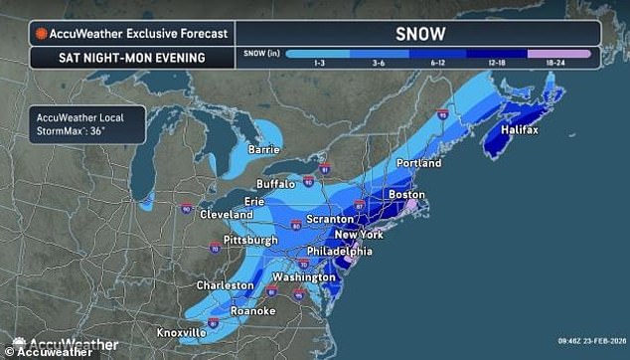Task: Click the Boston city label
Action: (408, 195)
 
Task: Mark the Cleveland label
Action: (227, 214)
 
